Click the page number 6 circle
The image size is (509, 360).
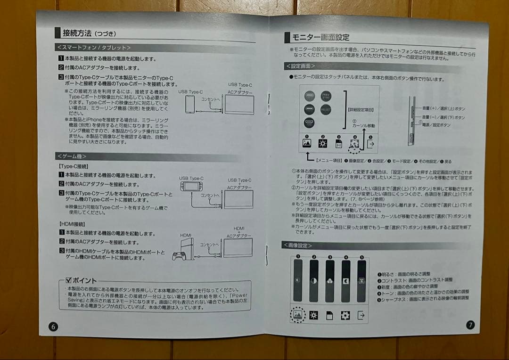[x=53, y=327]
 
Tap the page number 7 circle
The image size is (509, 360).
[x=470, y=325]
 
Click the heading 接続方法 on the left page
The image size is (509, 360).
[x=79, y=33]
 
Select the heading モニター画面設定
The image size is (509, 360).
[x=320, y=38]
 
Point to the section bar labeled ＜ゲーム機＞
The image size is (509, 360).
[x=72, y=156]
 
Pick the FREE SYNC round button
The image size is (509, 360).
[x=326, y=96]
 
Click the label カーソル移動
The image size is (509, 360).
[x=363, y=126]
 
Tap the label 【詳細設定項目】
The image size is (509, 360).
[x=361, y=110]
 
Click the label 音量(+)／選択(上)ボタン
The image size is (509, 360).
[x=443, y=109]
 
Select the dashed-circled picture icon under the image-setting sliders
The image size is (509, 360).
[x=298, y=314]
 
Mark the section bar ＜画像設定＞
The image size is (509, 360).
[x=298, y=245]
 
